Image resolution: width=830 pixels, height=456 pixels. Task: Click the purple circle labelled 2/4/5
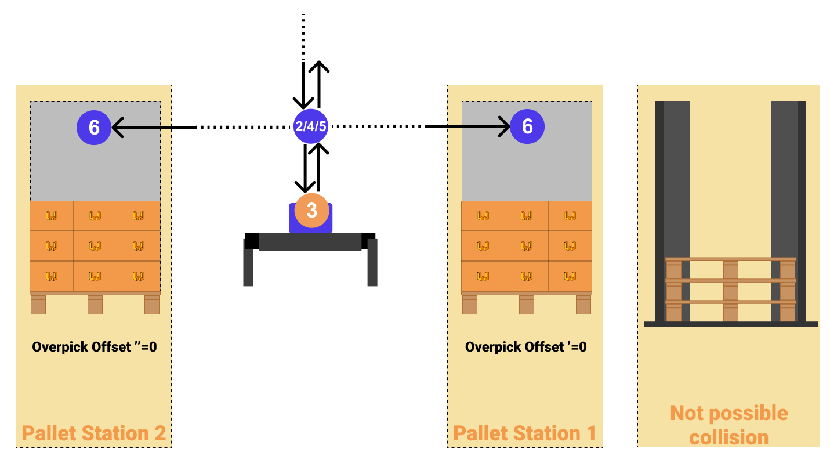pos(310,126)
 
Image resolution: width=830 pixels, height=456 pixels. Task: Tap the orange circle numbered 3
pos(311,211)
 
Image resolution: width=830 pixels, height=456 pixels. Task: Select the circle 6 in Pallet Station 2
pos(94,127)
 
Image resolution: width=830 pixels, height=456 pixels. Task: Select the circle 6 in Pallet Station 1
pos(527,126)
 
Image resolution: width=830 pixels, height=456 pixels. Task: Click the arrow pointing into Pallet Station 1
pos(479,126)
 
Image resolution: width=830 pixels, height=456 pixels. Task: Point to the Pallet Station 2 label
pos(94,433)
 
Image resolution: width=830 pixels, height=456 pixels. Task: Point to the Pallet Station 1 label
pos(524,433)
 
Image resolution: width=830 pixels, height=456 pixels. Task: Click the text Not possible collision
pos(728,425)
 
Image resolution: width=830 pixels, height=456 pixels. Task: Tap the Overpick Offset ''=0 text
pos(95,347)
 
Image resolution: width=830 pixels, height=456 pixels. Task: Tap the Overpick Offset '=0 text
pos(525,347)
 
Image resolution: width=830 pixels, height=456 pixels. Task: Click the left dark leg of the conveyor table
pos(248,267)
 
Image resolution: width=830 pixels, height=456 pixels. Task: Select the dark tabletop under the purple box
pos(310,242)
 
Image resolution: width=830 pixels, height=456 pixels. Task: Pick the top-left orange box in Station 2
pos(52,216)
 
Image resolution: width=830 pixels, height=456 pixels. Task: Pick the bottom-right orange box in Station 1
pos(570,276)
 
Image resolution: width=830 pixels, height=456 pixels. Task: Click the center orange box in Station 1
pos(527,246)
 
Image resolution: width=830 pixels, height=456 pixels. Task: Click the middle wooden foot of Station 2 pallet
pos(95,305)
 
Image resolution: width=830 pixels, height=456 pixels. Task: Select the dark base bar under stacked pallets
pos(730,324)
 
